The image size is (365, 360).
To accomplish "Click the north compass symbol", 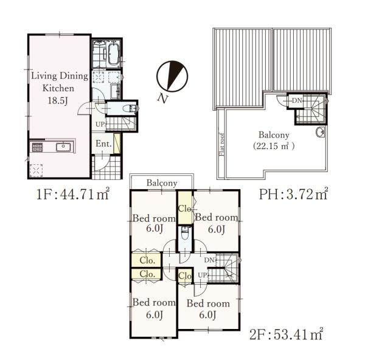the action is point(172,77).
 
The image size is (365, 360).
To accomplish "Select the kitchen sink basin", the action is point(63,147).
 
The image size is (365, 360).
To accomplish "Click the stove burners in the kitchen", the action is point(37,147).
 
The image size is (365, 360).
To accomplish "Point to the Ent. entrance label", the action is point(104,144).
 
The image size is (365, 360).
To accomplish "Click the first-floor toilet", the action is point(131,108).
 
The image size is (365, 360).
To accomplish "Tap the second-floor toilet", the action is point(185,233).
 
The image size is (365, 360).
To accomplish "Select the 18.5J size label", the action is point(58,101).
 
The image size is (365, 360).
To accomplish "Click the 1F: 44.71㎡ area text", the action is point(73,195).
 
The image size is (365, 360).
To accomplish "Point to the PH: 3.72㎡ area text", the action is point(294,195).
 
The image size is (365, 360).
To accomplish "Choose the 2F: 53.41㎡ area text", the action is point(286,334).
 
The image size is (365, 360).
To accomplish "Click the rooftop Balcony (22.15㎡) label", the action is point(274,140).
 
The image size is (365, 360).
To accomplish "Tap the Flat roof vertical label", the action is point(222,145).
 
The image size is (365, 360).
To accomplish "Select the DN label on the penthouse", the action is point(297,100).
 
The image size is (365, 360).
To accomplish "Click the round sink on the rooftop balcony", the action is point(321,133).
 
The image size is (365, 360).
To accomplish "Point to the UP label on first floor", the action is point(100,125).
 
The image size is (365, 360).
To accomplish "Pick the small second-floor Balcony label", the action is point(162,183).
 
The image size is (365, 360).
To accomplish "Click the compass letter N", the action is point(162,98).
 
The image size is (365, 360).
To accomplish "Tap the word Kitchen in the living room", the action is point(58,88).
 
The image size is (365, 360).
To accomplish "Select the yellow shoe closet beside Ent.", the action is point(117,144).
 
